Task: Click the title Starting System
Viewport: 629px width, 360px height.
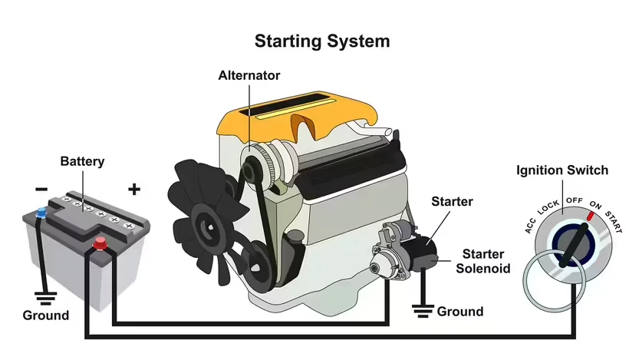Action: pyautogui.click(x=322, y=40)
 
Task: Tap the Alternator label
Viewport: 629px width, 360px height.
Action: pyautogui.click(x=249, y=75)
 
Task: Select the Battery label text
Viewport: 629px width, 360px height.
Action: pyautogui.click(x=82, y=162)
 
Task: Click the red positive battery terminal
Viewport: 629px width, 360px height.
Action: pyautogui.click(x=99, y=245)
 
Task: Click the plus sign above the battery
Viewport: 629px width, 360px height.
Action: pyautogui.click(x=134, y=189)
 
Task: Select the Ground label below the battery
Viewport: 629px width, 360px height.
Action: pyautogui.click(x=45, y=315)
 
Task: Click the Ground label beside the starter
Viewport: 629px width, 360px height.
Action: pyautogui.click(x=460, y=312)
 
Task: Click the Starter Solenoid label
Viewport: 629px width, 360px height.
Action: pyautogui.click(x=482, y=261)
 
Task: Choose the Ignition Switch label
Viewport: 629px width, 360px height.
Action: pyautogui.click(x=562, y=170)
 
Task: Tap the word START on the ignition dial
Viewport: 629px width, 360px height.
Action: pyautogui.click(x=614, y=218)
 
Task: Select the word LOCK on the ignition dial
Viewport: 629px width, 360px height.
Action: pyautogui.click(x=548, y=206)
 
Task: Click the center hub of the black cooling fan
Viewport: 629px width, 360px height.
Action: pyautogui.click(x=206, y=225)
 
